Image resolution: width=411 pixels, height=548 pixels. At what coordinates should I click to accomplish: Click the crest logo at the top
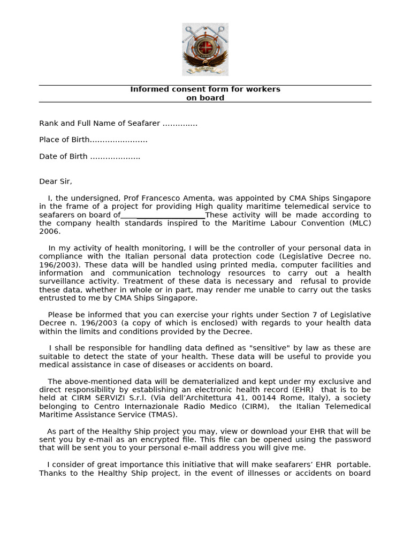[205, 49]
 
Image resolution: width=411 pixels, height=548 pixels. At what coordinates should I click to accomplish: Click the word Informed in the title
[148, 89]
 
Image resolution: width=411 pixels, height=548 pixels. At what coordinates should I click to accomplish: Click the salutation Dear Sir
[55, 181]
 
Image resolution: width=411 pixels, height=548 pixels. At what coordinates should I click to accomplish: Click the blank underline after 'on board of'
[163, 215]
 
